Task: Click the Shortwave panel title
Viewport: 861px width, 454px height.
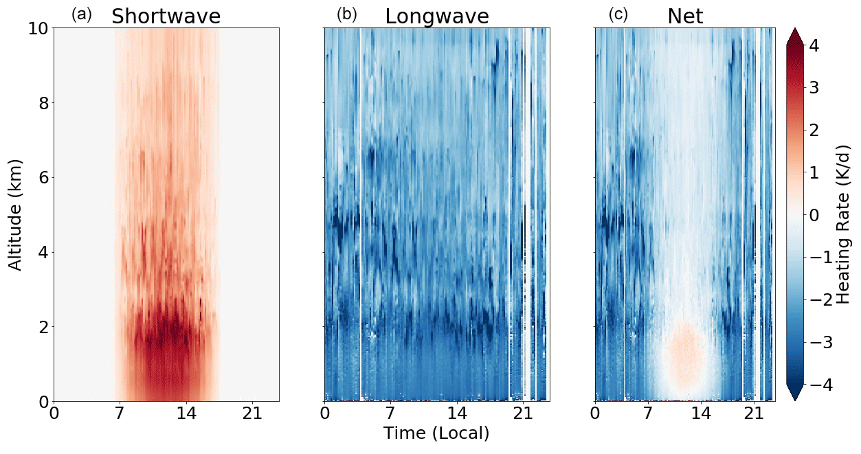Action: coord(166,16)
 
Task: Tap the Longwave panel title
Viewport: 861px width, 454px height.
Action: coord(436,16)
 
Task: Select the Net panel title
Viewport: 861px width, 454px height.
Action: coord(685,16)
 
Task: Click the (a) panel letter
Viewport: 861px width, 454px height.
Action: coord(82,14)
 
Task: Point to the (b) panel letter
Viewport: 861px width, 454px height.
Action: coord(347,14)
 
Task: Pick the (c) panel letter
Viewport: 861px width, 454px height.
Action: coord(618,14)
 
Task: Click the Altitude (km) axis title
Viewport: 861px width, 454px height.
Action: coord(16,214)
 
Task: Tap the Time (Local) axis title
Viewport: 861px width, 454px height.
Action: coord(436,433)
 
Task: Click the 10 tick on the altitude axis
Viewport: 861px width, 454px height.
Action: coord(36,29)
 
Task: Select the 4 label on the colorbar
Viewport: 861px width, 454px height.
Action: coord(823,45)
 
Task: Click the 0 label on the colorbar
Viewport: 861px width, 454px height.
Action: coord(823,215)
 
